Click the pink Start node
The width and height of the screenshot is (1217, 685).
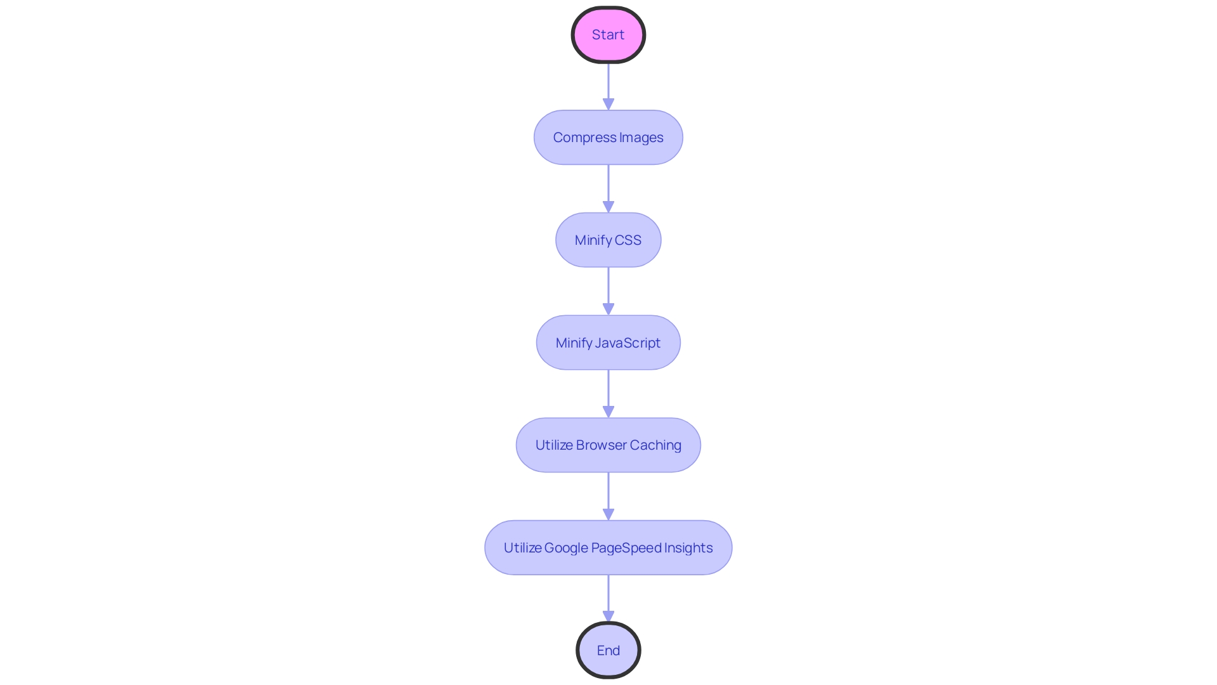[608, 35]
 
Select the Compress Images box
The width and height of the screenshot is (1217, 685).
[608, 138]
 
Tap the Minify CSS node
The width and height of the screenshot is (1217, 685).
[608, 240]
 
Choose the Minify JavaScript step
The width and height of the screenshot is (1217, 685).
[608, 343]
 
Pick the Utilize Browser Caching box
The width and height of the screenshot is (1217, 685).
[608, 445]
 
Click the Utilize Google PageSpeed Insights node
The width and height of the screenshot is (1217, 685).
[608, 548]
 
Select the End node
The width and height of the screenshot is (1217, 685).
[608, 650]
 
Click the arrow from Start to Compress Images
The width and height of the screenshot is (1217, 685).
[608, 86]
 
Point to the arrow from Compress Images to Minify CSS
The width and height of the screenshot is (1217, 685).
[608, 189]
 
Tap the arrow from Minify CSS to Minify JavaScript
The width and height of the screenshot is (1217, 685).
[608, 292]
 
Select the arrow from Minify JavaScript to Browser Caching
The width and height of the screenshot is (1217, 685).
[608, 394]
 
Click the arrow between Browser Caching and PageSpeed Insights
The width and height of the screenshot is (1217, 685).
[608, 497]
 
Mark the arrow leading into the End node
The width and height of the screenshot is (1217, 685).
[608, 599]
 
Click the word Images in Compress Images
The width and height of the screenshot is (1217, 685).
[641, 138]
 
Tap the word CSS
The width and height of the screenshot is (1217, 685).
[628, 240]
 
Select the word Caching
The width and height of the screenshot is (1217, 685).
[655, 445]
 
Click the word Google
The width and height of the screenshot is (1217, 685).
[565, 548]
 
